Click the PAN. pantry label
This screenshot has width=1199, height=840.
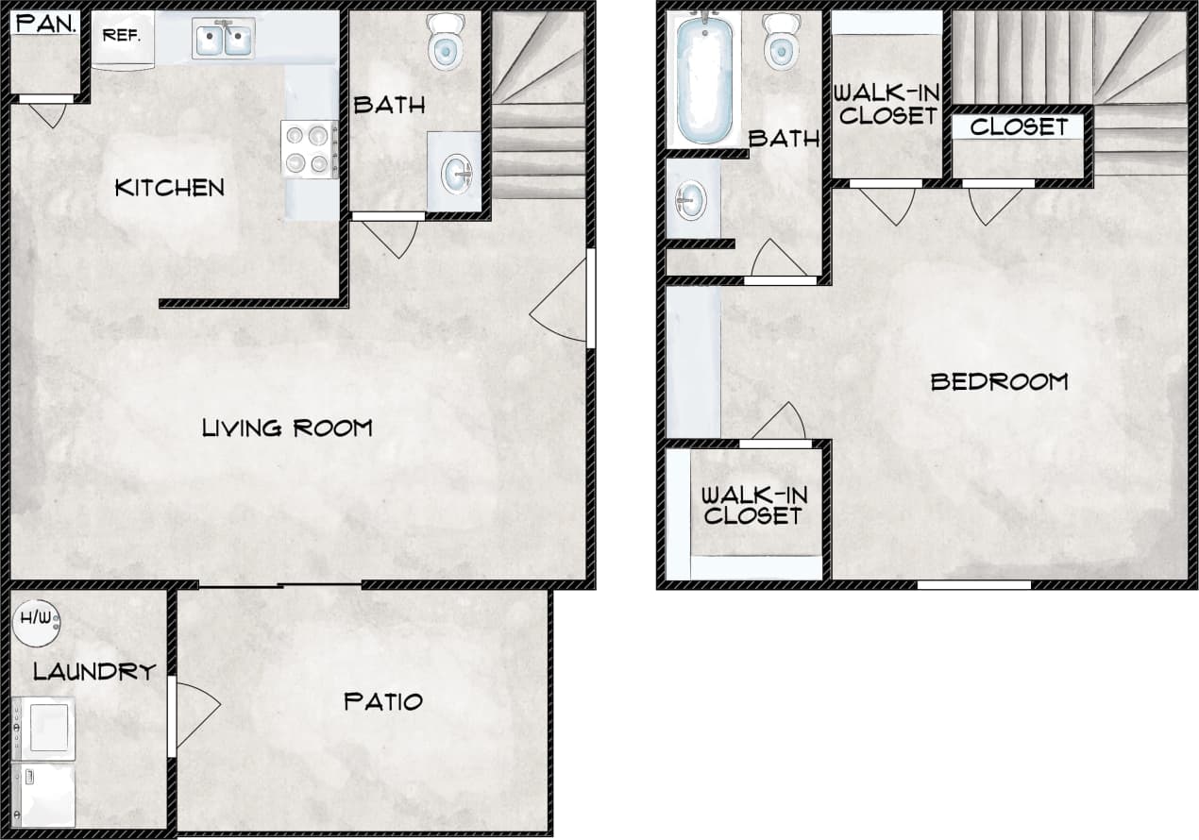click(x=44, y=24)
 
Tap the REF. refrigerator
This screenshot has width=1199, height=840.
click(x=123, y=37)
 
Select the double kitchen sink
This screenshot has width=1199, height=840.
click(x=224, y=39)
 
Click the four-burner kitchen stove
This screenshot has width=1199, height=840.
click(x=310, y=149)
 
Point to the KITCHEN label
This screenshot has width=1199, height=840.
click(x=169, y=188)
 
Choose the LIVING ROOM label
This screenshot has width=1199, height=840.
click(x=287, y=428)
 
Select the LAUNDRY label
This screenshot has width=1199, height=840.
click(x=93, y=672)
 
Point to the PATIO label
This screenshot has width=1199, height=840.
click(x=382, y=701)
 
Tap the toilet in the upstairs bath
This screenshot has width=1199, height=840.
click(x=781, y=40)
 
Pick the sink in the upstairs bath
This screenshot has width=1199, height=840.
click(x=691, y=200)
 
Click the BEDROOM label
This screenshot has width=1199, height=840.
click(x=999, y=381)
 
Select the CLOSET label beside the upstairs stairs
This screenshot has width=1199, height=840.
click(x=1019, y=126)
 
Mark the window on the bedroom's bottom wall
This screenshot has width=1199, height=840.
click(x=974, y=585)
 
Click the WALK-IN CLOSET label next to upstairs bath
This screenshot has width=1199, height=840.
click(x=887, y=104)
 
